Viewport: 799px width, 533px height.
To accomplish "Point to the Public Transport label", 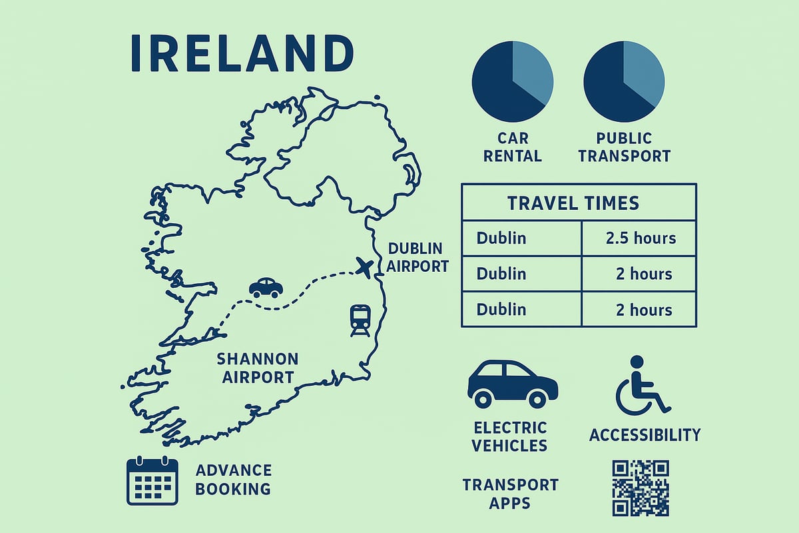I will [624, 147].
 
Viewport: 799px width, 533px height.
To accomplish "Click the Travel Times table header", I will [578, 203].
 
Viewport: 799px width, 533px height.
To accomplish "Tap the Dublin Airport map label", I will [418, 257].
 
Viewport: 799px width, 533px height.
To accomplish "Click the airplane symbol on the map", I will [364, 268].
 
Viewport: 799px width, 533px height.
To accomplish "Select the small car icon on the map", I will [266, 287].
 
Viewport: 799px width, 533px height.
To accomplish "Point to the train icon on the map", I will [360, 320].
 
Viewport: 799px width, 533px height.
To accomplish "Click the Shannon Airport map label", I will [258, 368].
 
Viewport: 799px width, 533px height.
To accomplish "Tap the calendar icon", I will [152, 480].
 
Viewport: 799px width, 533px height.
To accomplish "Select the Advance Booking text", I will [234, 480].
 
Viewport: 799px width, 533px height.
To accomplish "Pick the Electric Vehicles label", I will [509, 436].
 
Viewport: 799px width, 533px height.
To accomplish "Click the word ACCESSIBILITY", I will [645, 435].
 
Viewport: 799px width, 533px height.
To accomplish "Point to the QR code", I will [640, 488].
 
